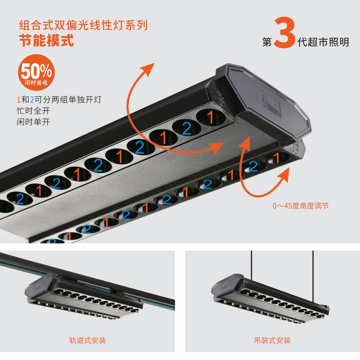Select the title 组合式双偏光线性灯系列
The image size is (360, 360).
click(83, 26)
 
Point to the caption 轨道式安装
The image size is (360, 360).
click(87, 340)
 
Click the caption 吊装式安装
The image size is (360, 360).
click(272, 340)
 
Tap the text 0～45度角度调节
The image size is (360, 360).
click(300, 206)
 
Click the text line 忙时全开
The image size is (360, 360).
click(33, 111)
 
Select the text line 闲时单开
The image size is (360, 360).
click(33, 122)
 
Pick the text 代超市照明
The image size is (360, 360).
click(323, 42)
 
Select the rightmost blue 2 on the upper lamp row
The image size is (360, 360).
click(186, 129)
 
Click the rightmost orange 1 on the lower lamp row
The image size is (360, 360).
click(276, 158)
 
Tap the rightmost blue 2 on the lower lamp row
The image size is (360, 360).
click(253, 166)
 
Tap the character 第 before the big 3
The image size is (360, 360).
click(267, 42)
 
